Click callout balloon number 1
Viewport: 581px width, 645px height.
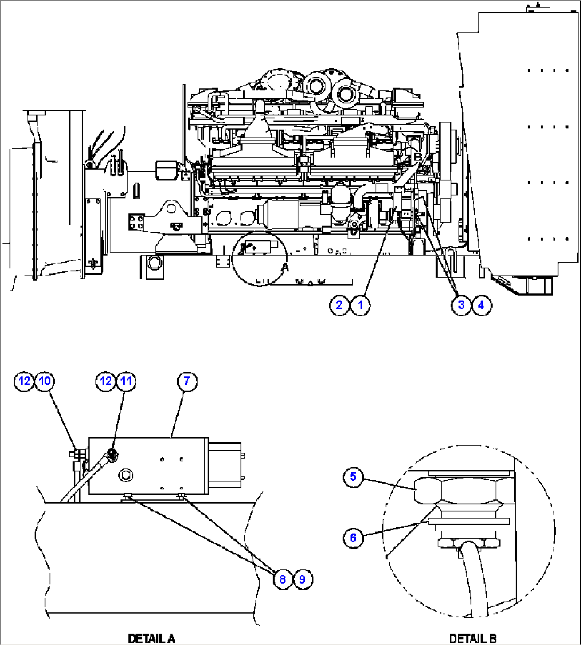(360, 305)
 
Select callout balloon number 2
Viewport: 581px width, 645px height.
(339, 305)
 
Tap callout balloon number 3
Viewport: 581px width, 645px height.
(461, 305)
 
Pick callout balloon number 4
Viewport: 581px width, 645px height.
(481, 305)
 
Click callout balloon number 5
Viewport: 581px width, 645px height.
(353, 477)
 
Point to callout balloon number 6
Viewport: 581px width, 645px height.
(353, 537)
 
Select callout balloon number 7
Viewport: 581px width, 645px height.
(187, 381)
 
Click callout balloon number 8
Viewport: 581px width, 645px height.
(283, 579)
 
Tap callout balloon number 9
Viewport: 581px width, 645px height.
(302, 579)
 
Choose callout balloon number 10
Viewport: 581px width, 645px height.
(45, 381)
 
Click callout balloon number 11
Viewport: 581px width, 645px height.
(126, 381)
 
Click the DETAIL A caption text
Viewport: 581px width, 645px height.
(151, 638)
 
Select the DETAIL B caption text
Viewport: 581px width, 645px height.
(473, 638)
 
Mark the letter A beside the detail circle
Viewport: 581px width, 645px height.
(285, 267)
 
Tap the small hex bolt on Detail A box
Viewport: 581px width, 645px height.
(126, 474)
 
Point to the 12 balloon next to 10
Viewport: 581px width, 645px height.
(25, 381)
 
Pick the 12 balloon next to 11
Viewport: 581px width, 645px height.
(106, 381)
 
